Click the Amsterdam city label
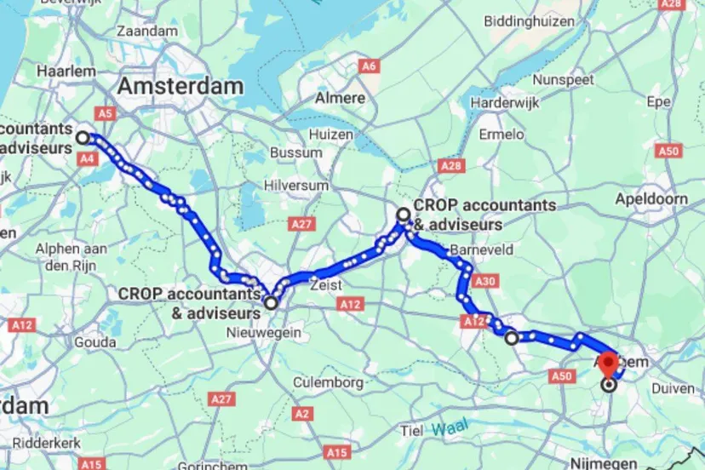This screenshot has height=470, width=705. [x=181, y=86]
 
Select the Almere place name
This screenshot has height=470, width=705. [x=341, y=98]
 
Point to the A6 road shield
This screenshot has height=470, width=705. [x=369, y=66]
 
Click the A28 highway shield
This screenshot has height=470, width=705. [x=450, y=164]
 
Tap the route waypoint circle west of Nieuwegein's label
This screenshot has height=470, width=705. [x=271, y=302]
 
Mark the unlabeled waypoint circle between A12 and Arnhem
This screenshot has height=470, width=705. [x=512, y=338]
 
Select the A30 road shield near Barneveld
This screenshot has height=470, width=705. [x=486, y=280]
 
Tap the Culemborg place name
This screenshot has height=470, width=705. [x=329, y=383]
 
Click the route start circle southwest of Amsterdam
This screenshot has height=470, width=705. [x=83, y=137]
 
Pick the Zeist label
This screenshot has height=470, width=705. [x=326, y=285]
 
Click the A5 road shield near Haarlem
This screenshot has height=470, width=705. [x=106, y=112]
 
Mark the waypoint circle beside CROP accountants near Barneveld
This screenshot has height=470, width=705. [x=404, y=214]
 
